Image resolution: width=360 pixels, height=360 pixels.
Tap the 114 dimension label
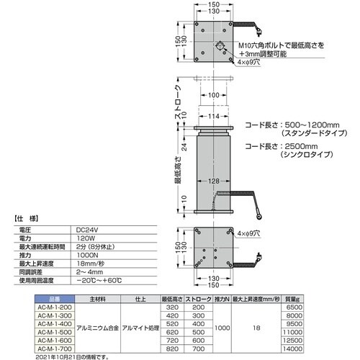213,117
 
